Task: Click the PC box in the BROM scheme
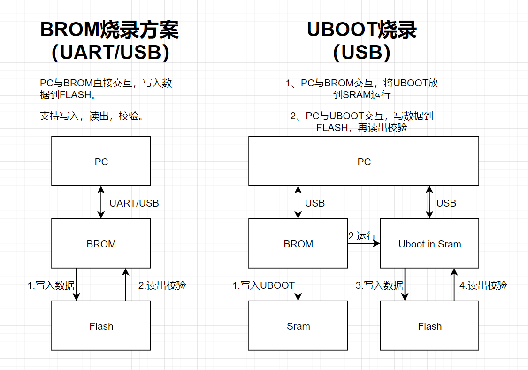(101, 161)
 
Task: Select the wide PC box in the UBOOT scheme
(364, 161)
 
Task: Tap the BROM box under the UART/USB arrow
(101, 243)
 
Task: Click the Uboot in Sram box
(429, 243)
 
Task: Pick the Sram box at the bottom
(298, 326)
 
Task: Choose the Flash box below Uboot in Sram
(429, 326)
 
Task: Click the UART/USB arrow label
(134, 203)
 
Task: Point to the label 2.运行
(362, 236)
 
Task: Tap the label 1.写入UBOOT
(263, 285)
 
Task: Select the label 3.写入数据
(379, 285)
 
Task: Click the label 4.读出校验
(483, 285)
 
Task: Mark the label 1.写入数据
(51, 285)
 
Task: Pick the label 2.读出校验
(162, 285)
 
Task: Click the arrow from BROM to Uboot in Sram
(364, 244)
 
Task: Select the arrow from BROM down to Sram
(298, 284)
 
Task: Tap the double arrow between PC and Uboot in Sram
(429, 202)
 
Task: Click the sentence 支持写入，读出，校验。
(92, 116)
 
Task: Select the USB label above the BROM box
(315, 203)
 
